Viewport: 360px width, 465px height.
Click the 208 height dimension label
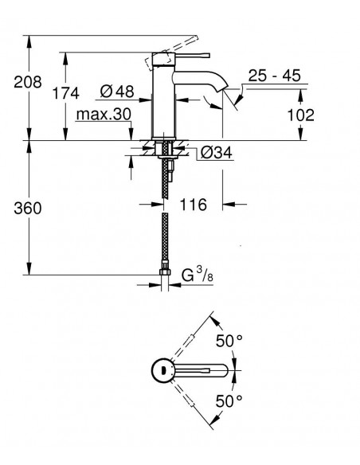tap(28, 82)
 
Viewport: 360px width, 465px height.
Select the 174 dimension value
tap(66, 93)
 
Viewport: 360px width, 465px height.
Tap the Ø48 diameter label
tap(117, 91)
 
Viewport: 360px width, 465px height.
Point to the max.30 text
tap(104, 114)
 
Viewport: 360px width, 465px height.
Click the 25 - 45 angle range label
tap(274, 76)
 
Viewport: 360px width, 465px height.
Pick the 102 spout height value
tap(301, 115)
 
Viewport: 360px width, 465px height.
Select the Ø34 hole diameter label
tap(217, 152)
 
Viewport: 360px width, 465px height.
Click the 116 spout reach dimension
tap(193, 205)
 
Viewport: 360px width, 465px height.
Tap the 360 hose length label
tap(28, 208)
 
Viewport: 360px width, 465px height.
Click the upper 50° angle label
tap(229, 341)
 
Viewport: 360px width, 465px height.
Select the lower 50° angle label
tap(229, 401)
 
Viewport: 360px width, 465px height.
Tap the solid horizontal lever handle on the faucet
tap(192, 56)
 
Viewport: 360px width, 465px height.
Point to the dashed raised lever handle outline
tap(171, 53)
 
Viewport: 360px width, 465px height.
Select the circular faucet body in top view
tap(162, 370)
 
